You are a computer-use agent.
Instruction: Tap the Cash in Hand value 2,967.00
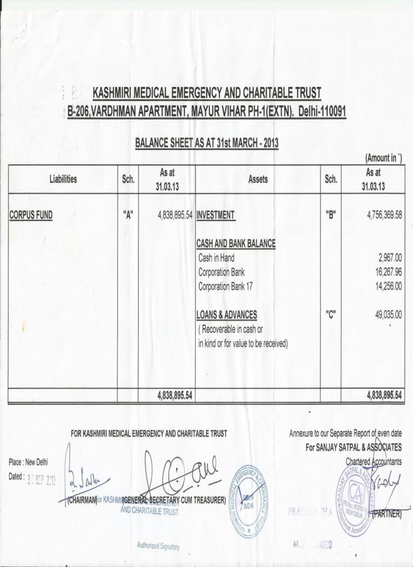(390, 258)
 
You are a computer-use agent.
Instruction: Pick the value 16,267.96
(388, 272)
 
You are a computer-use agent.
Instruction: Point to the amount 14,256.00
(388, 286)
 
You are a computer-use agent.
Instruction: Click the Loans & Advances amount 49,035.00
(388, 315)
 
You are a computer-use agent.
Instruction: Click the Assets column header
(258, 179)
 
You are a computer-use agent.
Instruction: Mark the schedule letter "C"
(331, 315)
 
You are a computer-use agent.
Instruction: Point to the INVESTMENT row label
(216, 215)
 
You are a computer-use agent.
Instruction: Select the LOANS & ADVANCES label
(227, 315)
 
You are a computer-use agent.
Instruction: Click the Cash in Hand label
(217, 258)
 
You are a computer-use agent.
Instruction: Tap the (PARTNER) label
(386, 514)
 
